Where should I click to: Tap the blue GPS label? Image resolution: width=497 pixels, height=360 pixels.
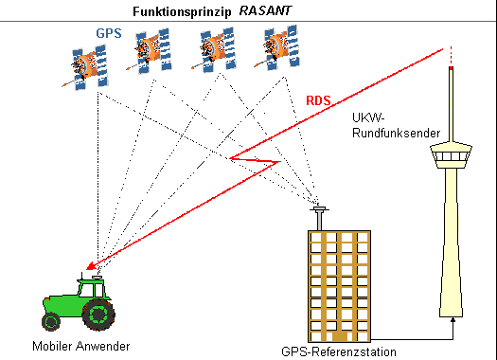(109, 32)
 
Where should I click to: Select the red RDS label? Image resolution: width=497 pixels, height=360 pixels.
(318, 99)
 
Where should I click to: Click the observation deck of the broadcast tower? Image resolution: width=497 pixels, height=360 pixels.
(452, 157)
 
